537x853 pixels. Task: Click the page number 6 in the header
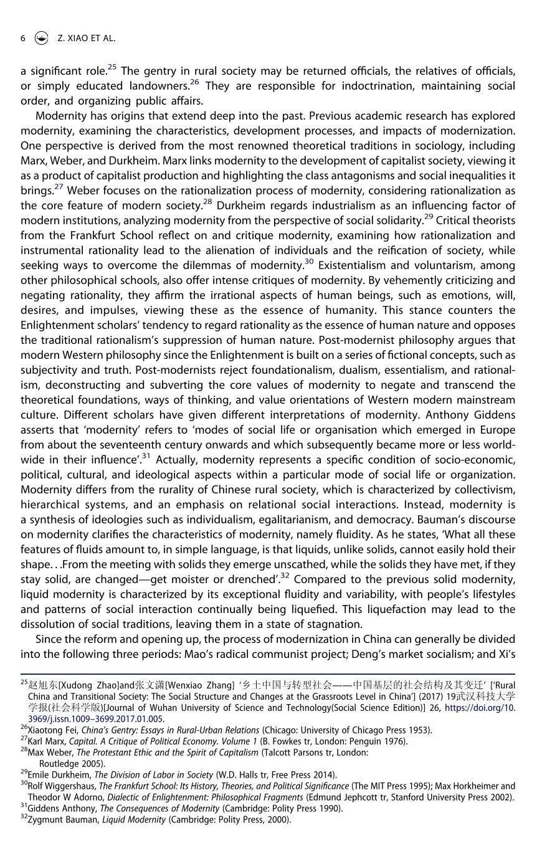pos(23,38)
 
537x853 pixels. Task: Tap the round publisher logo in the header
pos(41,38)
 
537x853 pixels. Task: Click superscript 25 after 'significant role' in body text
pos(112,67)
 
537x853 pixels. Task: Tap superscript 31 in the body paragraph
pos(146,456)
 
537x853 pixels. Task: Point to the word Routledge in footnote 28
pos(59,763)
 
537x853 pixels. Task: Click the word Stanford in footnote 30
pos(396,797)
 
